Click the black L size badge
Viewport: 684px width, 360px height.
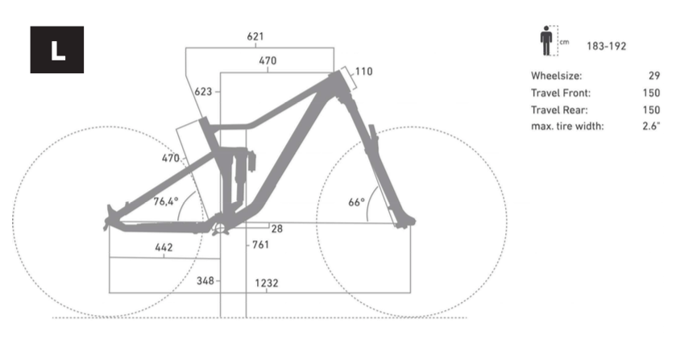(56, 50)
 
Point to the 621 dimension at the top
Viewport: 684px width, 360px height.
(255, 36)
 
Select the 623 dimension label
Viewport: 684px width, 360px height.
(203, 92)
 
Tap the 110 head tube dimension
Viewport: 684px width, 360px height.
(364, 72)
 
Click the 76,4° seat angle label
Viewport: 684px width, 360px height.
(166, 201)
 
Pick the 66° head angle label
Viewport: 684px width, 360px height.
(356, 202)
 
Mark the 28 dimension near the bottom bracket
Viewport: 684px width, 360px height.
(277, 229)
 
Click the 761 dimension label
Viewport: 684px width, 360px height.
(260, 245)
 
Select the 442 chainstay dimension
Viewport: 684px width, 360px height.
(164, 247)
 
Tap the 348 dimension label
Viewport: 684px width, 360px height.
(205, 281)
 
